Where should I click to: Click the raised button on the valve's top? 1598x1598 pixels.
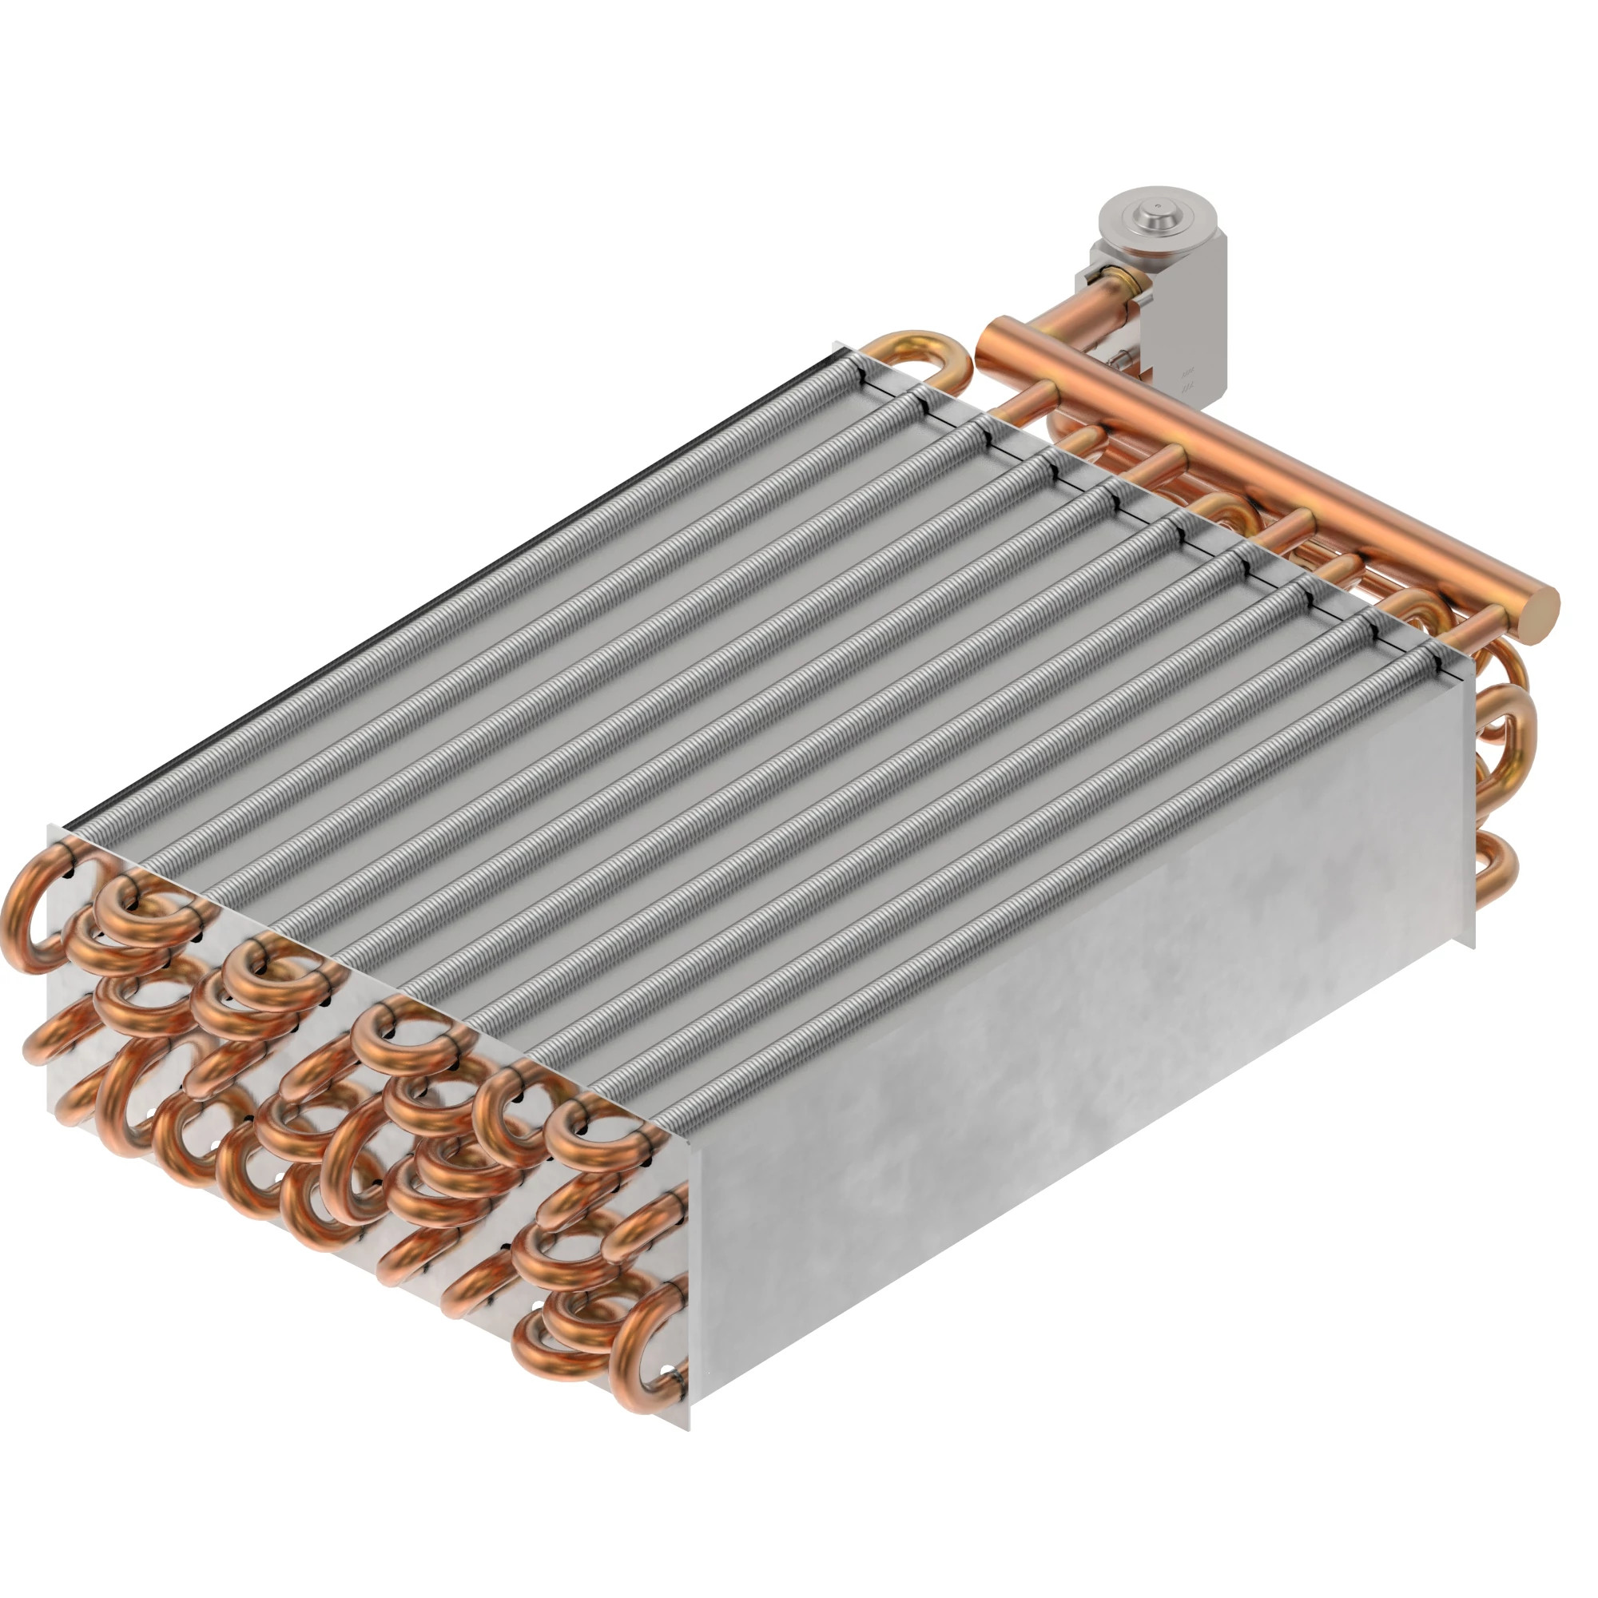[x=1155, y=213]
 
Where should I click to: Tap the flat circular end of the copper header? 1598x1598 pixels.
[x=1540, y=614]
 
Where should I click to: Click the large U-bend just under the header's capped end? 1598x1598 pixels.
[x=1501, y=715]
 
